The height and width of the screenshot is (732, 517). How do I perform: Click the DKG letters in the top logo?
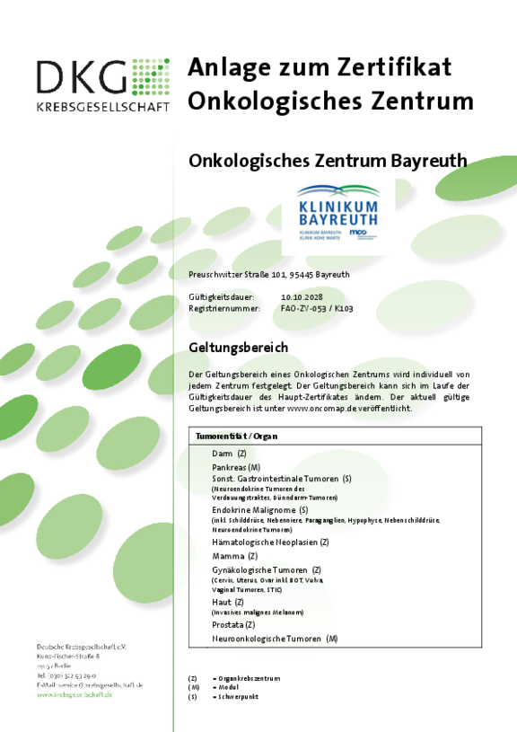click(x=83, y=77)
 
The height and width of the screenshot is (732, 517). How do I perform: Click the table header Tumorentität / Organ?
click(x=236, y=436)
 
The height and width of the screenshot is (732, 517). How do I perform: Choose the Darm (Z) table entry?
click(x=229, y=454)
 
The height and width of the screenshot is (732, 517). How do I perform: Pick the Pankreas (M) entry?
click(x=236, y=467)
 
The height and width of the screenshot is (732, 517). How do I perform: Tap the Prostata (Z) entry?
click(x=233, y=624)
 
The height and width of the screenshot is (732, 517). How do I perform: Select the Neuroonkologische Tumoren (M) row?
click(x=274, y=638)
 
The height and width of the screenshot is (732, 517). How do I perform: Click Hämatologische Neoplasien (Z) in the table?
click(x=270, y=542)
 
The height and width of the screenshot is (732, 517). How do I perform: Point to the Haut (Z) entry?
click(x=227, y=602)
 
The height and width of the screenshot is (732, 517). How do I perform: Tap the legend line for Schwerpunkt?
click(x=239, y=696)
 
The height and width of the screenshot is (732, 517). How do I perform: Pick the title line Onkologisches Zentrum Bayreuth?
click(x=328, y=161)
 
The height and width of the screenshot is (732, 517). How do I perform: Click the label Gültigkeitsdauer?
click(x=222, y=295)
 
